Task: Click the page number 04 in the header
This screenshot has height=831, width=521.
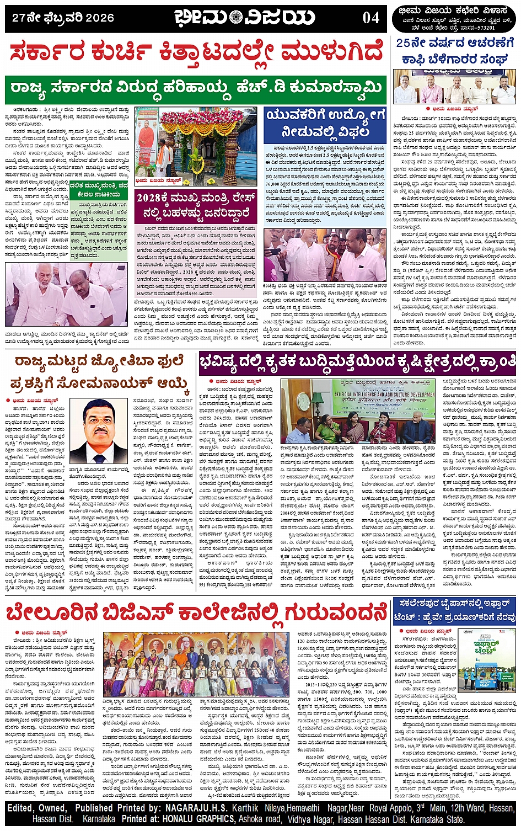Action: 371,18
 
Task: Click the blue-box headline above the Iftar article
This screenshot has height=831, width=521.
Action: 455,611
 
